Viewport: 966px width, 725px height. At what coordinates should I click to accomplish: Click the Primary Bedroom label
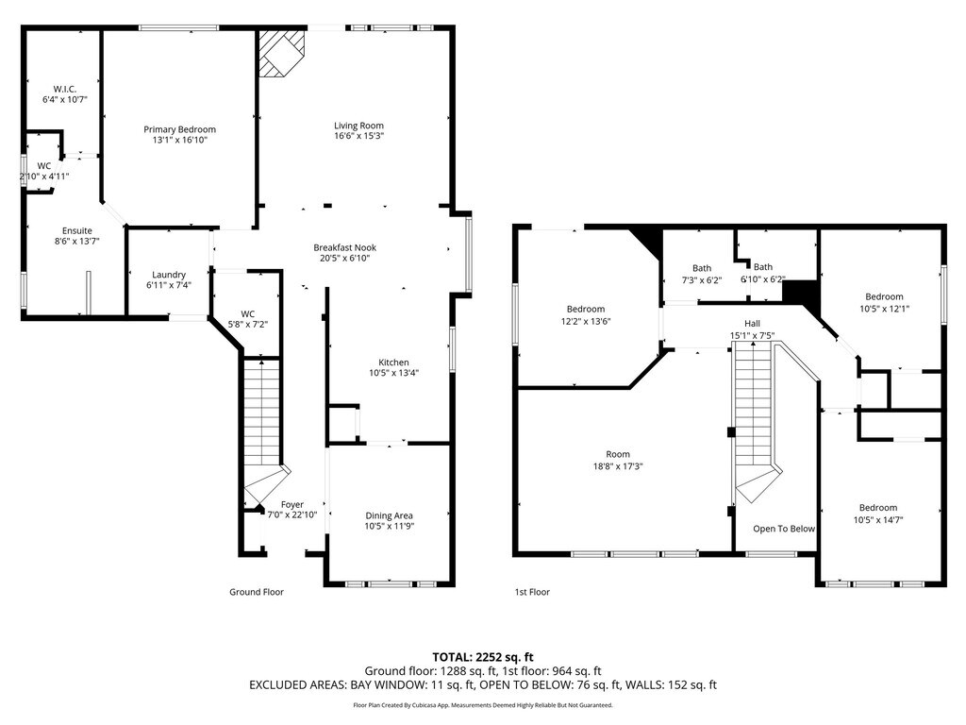coord(180,129)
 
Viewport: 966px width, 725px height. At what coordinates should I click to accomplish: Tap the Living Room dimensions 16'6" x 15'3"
coord(359,136)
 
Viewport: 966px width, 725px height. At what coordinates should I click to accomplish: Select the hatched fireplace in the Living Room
coord(281,53)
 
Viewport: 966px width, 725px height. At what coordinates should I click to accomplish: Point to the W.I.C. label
coord(65,89)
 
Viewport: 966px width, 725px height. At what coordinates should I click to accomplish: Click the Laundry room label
coord(169,275)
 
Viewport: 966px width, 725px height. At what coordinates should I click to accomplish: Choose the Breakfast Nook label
coord(345,248)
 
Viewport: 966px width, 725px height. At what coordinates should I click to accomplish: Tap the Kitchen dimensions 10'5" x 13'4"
coord(394,373)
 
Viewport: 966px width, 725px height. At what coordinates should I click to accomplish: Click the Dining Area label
coord(390,516)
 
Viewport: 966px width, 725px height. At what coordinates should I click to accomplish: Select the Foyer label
coord(292,504)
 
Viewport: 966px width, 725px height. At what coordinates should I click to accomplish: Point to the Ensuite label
coord(77,231)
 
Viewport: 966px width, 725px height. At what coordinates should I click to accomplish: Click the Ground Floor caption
coord(257,592)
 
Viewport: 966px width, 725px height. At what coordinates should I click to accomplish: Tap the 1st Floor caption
coord(532,592)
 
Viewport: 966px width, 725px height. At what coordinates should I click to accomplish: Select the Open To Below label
coord(784,529)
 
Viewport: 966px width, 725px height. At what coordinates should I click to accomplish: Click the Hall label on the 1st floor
coord(752,324)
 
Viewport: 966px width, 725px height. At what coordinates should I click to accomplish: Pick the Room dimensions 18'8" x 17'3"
coord(618,466)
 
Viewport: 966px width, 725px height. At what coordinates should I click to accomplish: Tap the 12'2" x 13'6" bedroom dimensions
coord(586,321)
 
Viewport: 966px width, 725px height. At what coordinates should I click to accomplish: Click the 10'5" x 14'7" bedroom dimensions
coord(878,520)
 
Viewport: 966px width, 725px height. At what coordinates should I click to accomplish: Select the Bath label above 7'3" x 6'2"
coord(702,268)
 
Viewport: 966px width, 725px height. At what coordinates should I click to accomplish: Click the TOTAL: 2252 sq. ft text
coord(483,657)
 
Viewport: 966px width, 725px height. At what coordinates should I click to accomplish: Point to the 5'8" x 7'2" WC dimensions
coord(248,325)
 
